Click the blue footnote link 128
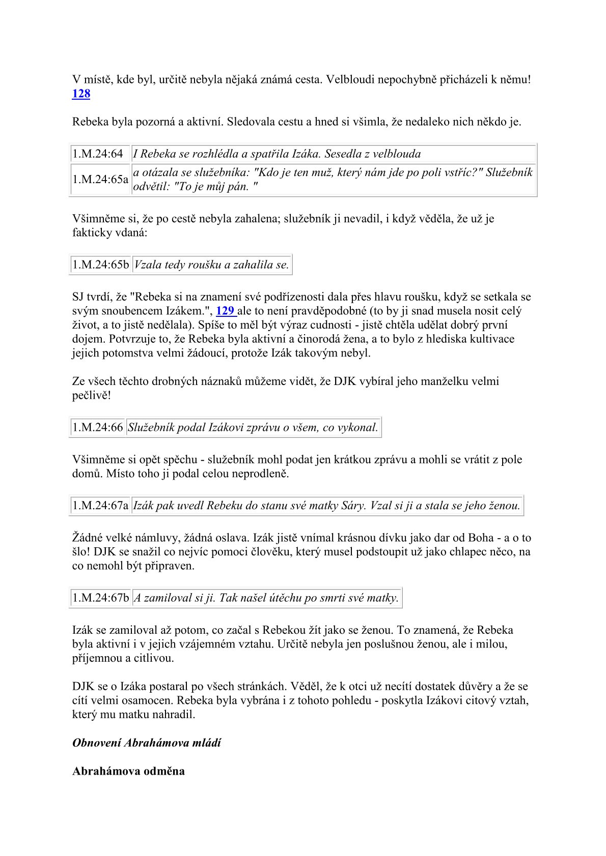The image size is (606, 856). (81, 94)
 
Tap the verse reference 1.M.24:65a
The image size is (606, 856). (100, 179)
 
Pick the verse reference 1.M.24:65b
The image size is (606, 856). (100, 265)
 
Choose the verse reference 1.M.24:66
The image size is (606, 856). (98, 427)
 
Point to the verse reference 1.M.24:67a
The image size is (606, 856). (100, 506)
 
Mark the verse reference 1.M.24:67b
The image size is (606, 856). (100, 598)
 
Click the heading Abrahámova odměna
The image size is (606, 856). (128, 771)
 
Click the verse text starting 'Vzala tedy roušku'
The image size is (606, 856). (211, 265)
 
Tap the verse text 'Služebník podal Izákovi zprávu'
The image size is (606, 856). (253, 427)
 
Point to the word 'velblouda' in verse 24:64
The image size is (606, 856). (399, 154)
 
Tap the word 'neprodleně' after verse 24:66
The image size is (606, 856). (260, 474)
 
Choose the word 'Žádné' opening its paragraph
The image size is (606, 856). (87, 538)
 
